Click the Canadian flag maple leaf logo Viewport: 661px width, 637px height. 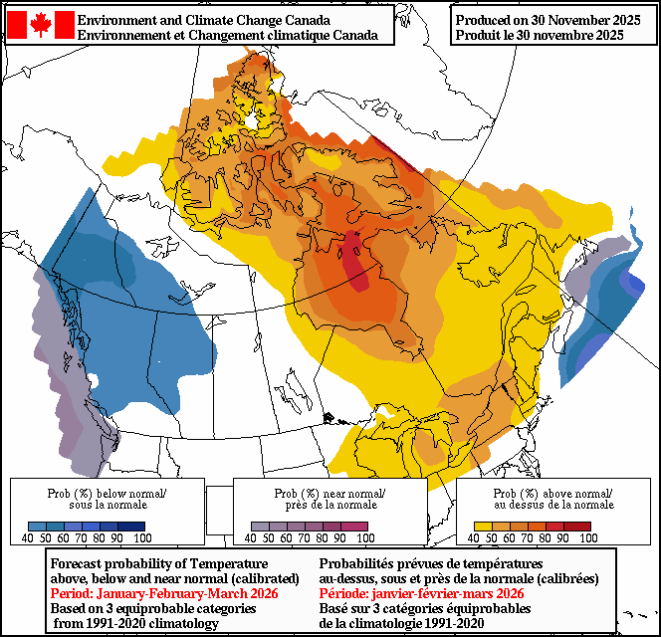click(40, 25)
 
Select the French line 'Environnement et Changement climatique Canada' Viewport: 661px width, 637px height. click(227, 35)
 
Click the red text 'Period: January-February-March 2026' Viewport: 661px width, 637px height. click(164, 593)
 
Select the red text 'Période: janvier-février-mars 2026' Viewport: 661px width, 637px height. click(422, 593)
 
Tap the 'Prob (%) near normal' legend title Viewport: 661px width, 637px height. click(330, 494)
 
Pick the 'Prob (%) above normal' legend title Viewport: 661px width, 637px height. click(553, 494)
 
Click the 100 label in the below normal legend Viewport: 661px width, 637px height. click(142, 537)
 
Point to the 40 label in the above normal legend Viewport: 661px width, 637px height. click(476, 537)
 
